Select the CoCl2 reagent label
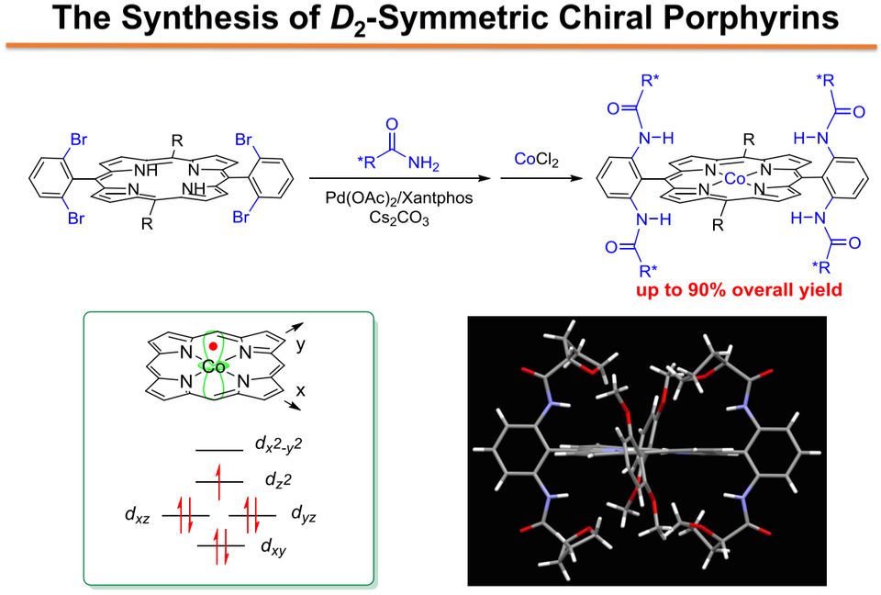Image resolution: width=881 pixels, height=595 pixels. point(537,161)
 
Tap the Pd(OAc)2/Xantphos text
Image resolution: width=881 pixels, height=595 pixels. point(399,198)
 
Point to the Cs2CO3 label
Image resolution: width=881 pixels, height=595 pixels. point(399,218)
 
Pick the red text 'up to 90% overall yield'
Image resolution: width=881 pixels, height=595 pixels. point(740,289)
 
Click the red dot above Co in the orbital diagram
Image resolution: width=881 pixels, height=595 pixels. point(213,346)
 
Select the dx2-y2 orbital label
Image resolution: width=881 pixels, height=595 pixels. point(279,444)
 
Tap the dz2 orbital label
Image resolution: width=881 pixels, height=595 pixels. point(278,479)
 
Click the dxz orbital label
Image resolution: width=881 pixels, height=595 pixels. point(138,515)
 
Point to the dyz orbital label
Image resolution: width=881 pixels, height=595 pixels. point(304,514)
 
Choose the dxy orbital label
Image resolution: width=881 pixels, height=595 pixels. point(273,546)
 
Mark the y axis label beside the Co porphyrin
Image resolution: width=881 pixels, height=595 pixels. point(301,345)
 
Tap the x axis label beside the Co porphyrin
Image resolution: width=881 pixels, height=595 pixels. point(301,390)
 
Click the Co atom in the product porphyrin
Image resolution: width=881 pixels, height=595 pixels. point(734,179)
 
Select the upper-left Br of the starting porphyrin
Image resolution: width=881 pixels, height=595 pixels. point(79,140)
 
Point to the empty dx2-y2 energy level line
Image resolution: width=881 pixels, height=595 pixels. point(219,450)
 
